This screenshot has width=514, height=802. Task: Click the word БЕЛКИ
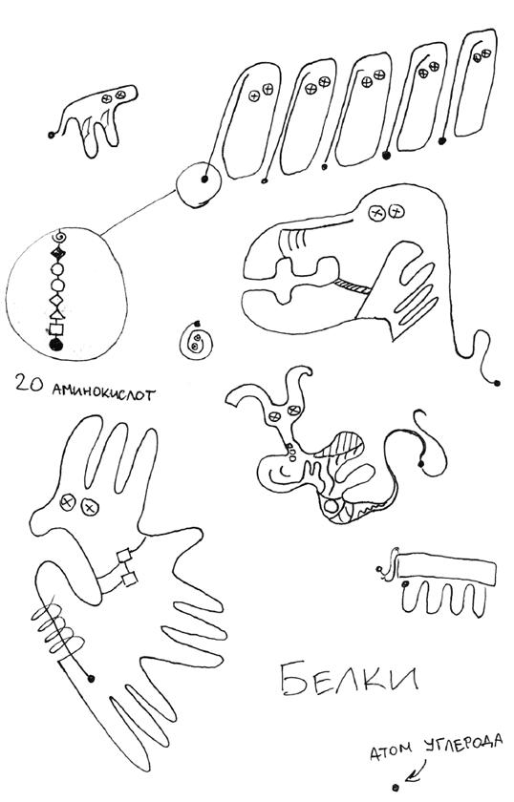(350, 679)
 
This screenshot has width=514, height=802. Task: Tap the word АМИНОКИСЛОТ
(104, 393)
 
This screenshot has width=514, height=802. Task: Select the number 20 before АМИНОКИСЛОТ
(30, 383)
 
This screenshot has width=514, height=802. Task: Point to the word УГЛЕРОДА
(463, 744)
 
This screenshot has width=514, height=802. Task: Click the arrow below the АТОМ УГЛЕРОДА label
(417, 771)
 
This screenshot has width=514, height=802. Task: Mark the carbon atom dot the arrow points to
(396, 786)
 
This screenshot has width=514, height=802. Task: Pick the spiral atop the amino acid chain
(59, 237)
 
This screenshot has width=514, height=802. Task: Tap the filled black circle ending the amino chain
(55, 345)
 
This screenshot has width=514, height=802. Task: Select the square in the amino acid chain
(55, 328)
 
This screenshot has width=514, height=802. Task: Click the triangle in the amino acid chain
(56, 313)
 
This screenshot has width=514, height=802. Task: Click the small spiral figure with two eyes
(196, 341)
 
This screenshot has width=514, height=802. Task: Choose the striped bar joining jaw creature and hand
(353, 285)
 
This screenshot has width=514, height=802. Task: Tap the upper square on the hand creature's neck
(124, 556)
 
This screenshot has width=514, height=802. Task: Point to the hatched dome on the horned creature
(340, 445)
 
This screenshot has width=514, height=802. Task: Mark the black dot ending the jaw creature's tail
(496, 383)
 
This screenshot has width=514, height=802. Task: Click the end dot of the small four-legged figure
(52, 135)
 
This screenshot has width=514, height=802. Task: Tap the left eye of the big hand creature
(67, 502)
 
